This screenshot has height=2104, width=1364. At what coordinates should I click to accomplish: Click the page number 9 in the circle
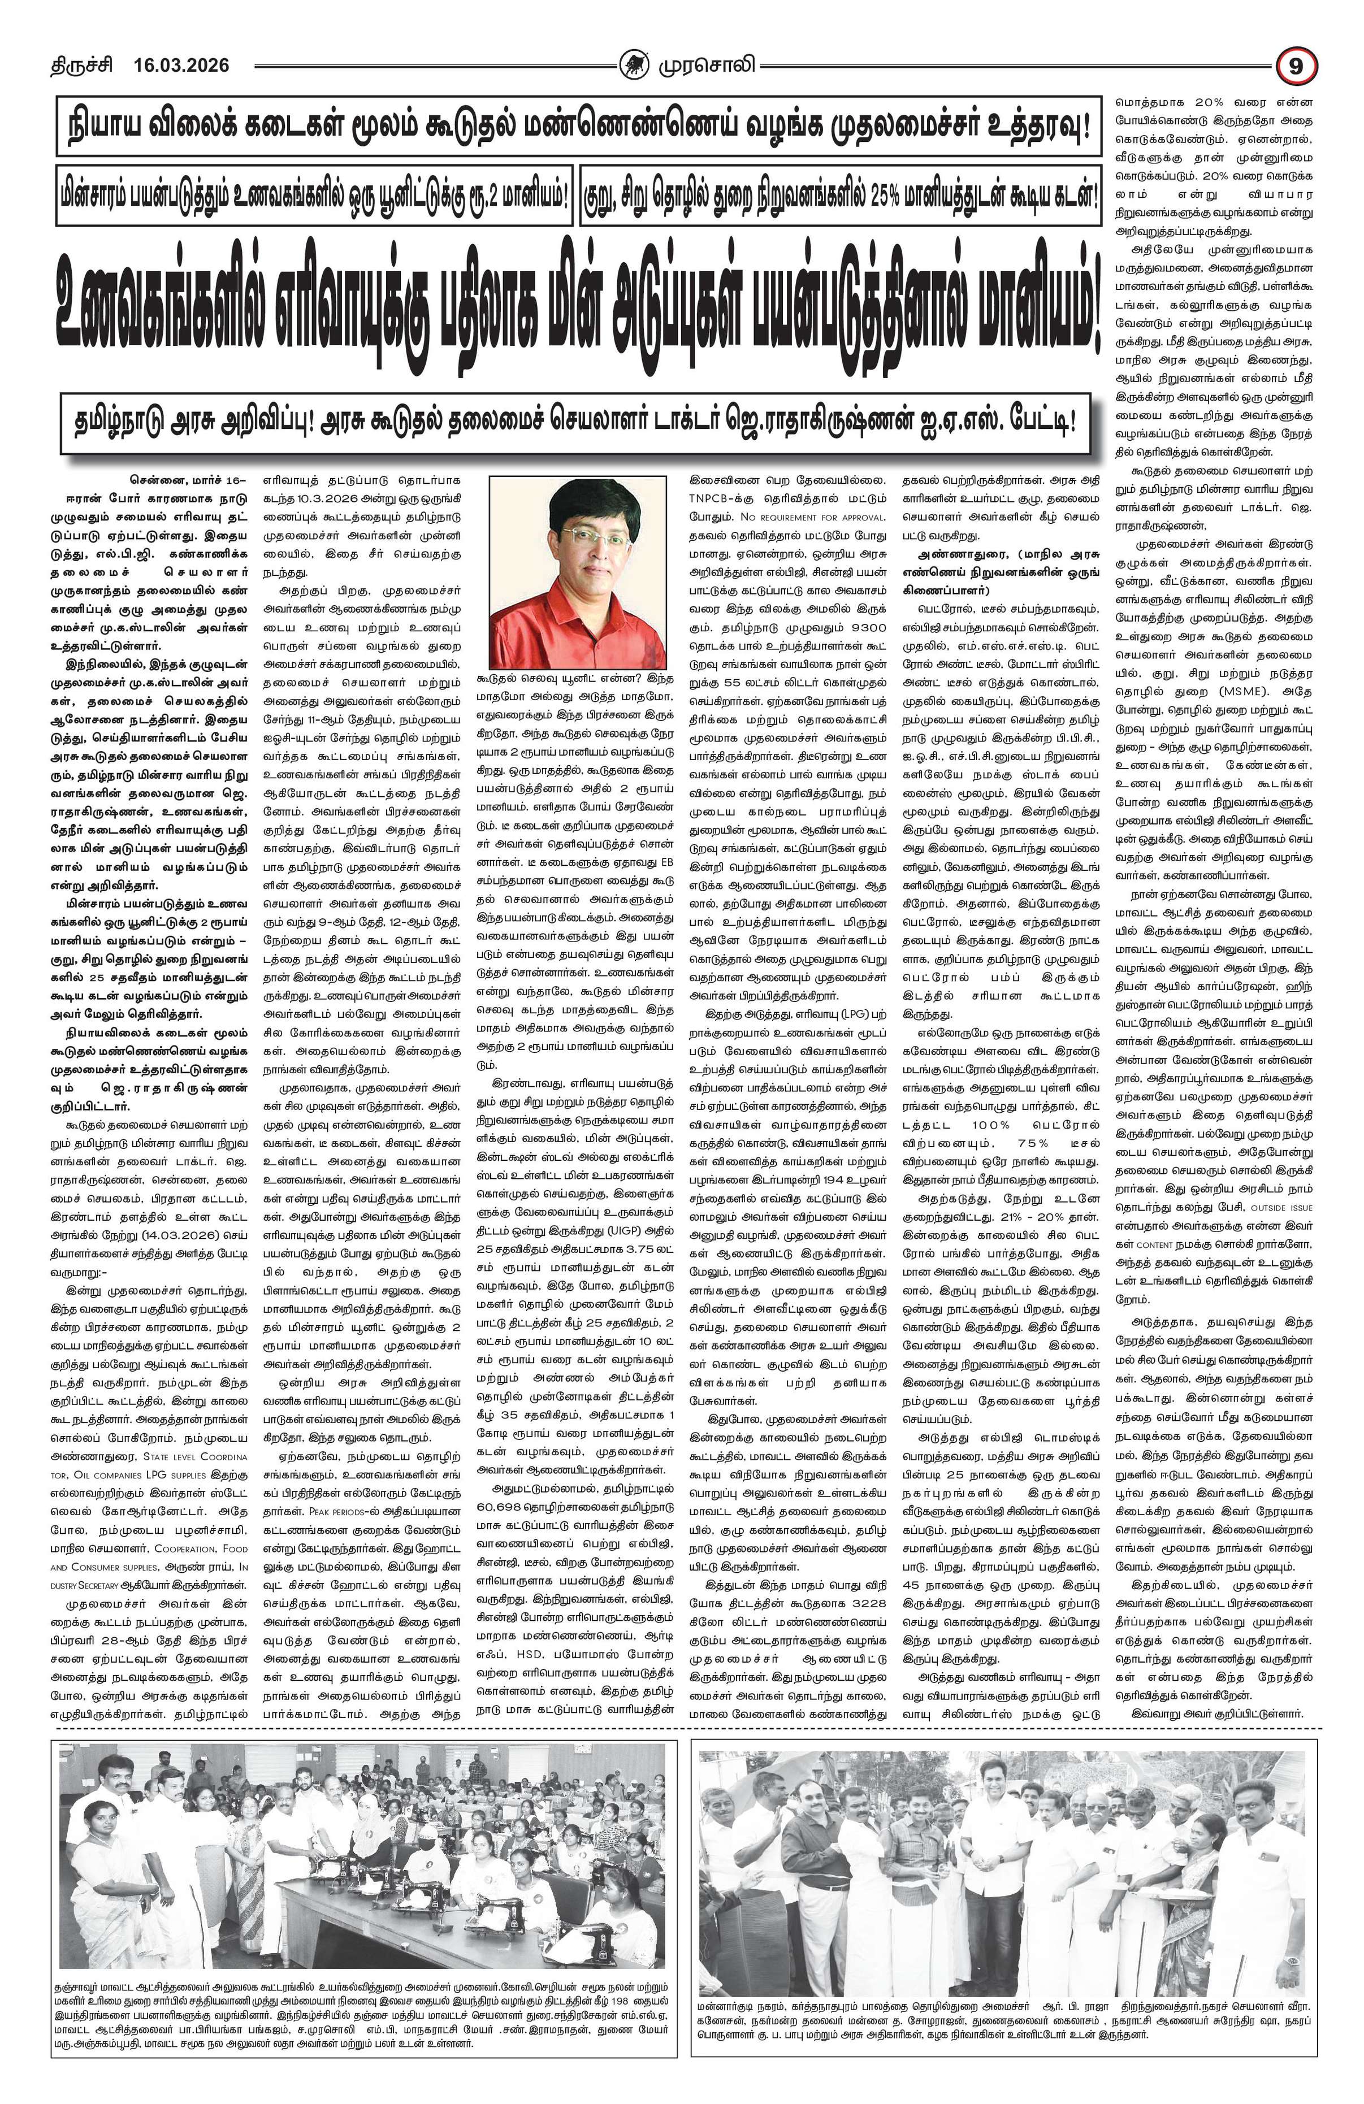(x=1296, y=66)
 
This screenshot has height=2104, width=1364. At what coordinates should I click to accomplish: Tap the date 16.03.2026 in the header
(x=181, y=66)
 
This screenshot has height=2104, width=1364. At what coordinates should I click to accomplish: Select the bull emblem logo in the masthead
(x=634, y=64)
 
